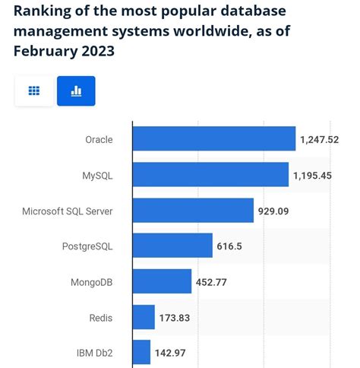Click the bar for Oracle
pyautogui.click(x=214, y=138)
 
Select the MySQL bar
pyautogui.click(x=210, y=174)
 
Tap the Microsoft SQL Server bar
pyautogui.click(x=193, y=210)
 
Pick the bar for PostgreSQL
pyautogui.click(x=172, y=246)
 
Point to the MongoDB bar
pyautogui.click(x=162, y=281)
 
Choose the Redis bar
pyautogui.click(x=144, y=317)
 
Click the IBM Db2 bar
pyautogui.click(x=141, y=353)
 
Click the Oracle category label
pyautogui.click(x=99, y=139)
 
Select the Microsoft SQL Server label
pyautogui.click(x=68, y=211)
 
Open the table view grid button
pyautogui.click(x=34, y=91)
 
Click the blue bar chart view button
pyautogui.click(x=76, y=91)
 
